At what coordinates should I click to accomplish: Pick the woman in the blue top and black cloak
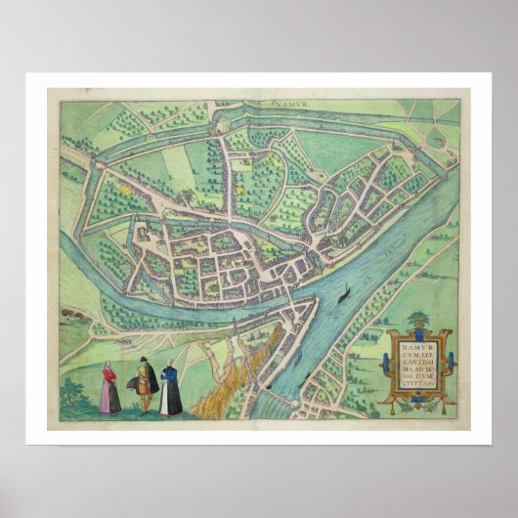170,386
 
